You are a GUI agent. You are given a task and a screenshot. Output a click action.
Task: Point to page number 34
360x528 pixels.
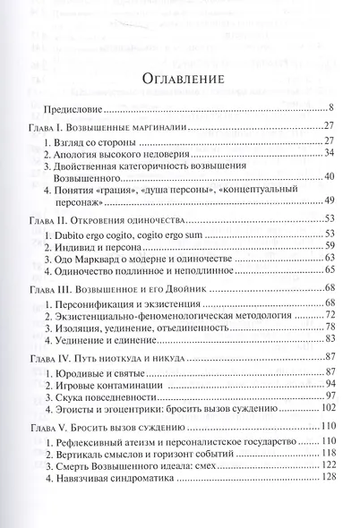[x=328, y=154]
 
